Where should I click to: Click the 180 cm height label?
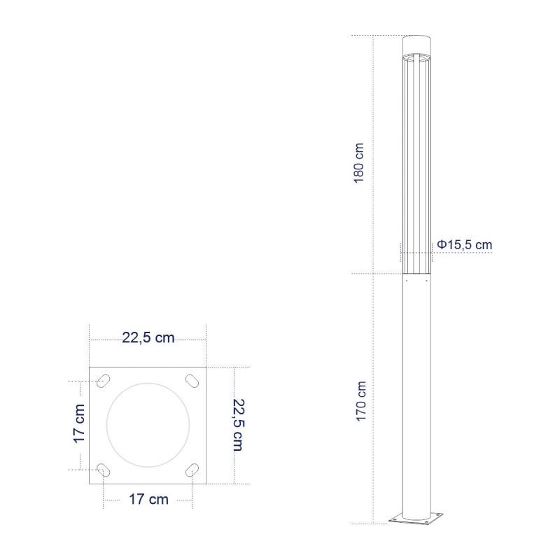[359, 162]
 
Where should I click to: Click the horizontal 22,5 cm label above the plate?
[148, 339]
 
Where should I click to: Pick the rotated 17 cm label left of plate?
[80, 424]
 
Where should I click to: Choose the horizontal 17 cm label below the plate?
[148, 499]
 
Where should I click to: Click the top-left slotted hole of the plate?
[104, 381]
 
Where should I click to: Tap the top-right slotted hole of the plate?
[191, 381]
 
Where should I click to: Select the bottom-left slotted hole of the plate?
[103, 470]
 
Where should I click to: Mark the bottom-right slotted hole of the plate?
[191, 470]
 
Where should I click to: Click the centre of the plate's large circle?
[148, 425]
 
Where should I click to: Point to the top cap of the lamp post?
[418, 43]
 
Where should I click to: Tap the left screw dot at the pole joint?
[405, 279]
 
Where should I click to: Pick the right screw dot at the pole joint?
[428, 279]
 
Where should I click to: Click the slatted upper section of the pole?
[417, 161]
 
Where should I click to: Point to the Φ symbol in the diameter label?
[442, 244]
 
